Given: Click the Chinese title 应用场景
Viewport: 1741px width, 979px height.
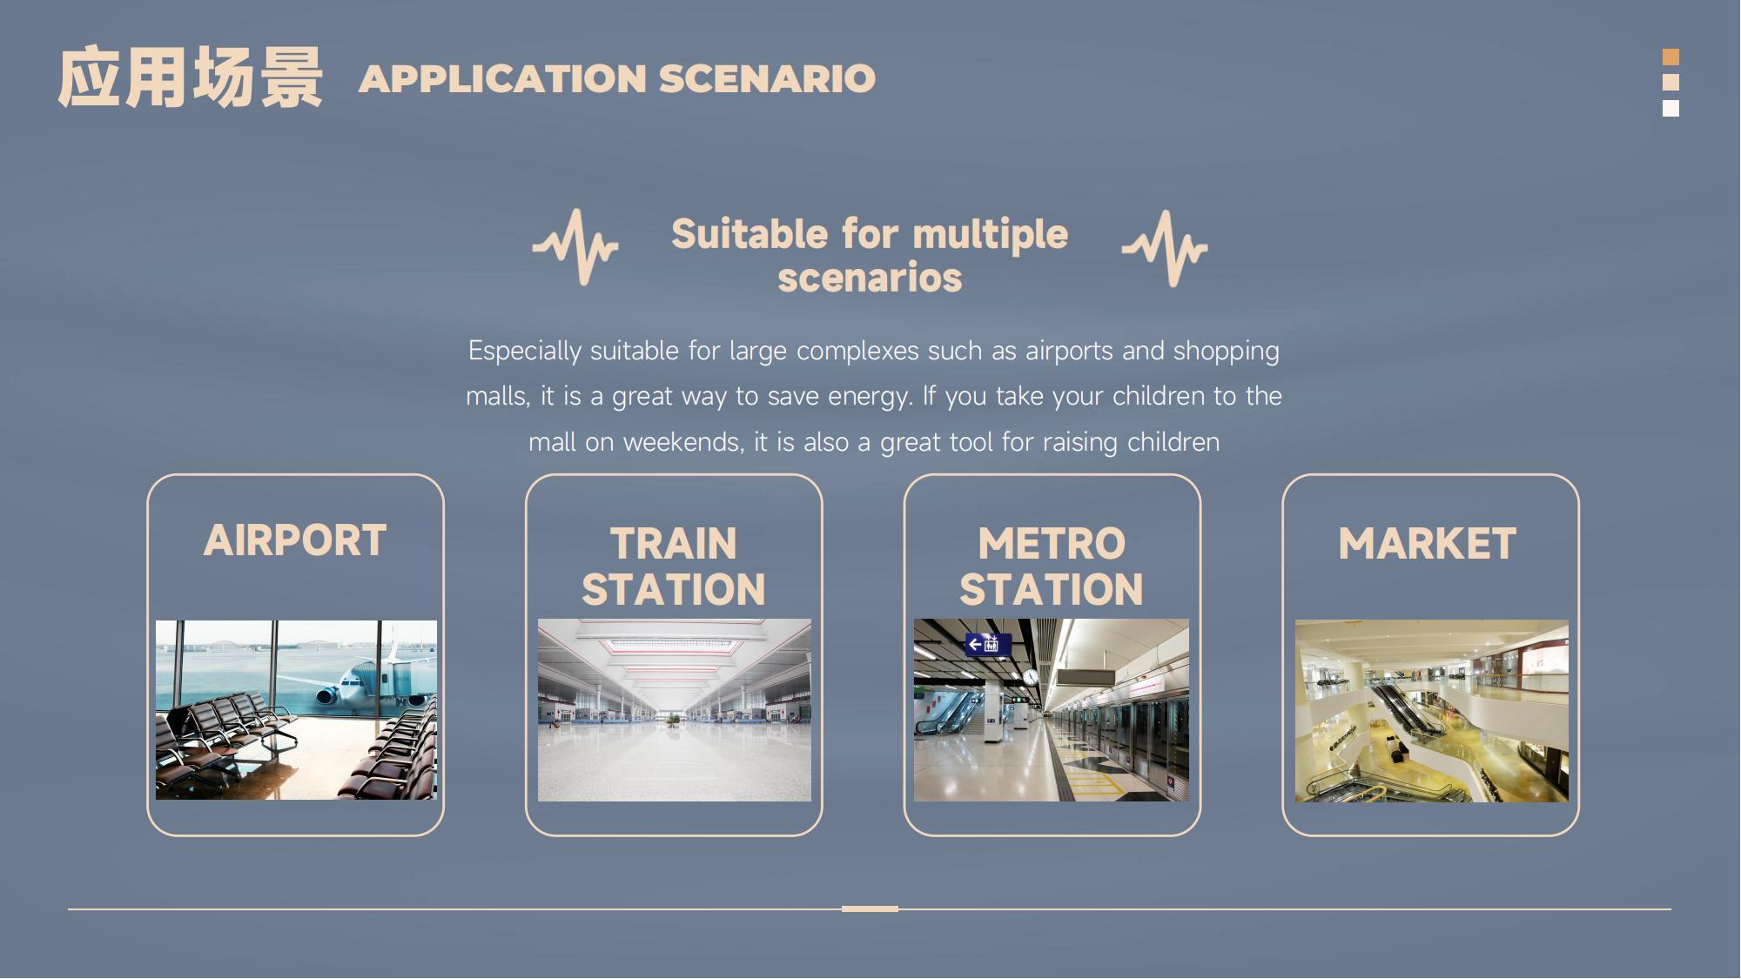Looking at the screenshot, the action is [190, 77].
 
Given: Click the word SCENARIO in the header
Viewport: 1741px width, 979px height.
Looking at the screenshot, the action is [767, 78].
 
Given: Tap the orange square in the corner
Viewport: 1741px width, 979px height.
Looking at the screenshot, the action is [1670, 57].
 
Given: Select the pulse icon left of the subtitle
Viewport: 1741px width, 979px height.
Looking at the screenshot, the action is [575, 246].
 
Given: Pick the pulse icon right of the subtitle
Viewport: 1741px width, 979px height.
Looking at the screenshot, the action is [1165, 248].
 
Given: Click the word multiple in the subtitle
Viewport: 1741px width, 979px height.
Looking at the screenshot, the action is [990, 234].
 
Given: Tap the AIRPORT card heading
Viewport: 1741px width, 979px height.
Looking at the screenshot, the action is [295, 540].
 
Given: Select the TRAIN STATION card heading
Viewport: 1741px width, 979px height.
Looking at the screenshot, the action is [674, 567].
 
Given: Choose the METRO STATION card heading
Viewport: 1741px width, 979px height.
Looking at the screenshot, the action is [1052, 567].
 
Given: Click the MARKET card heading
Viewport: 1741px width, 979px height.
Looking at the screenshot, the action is [1428, 544].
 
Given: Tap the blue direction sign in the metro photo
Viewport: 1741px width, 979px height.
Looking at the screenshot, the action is [988, 645].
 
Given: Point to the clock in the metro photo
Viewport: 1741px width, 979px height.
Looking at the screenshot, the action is [1031, 676].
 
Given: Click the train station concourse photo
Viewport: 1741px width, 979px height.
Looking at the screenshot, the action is [675, 710].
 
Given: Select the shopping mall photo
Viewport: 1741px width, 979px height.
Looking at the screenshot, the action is [1432, 711].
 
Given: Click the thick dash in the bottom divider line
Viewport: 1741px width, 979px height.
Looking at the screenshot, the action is [870, 909].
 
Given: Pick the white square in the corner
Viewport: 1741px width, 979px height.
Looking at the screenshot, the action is [1670, 108].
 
